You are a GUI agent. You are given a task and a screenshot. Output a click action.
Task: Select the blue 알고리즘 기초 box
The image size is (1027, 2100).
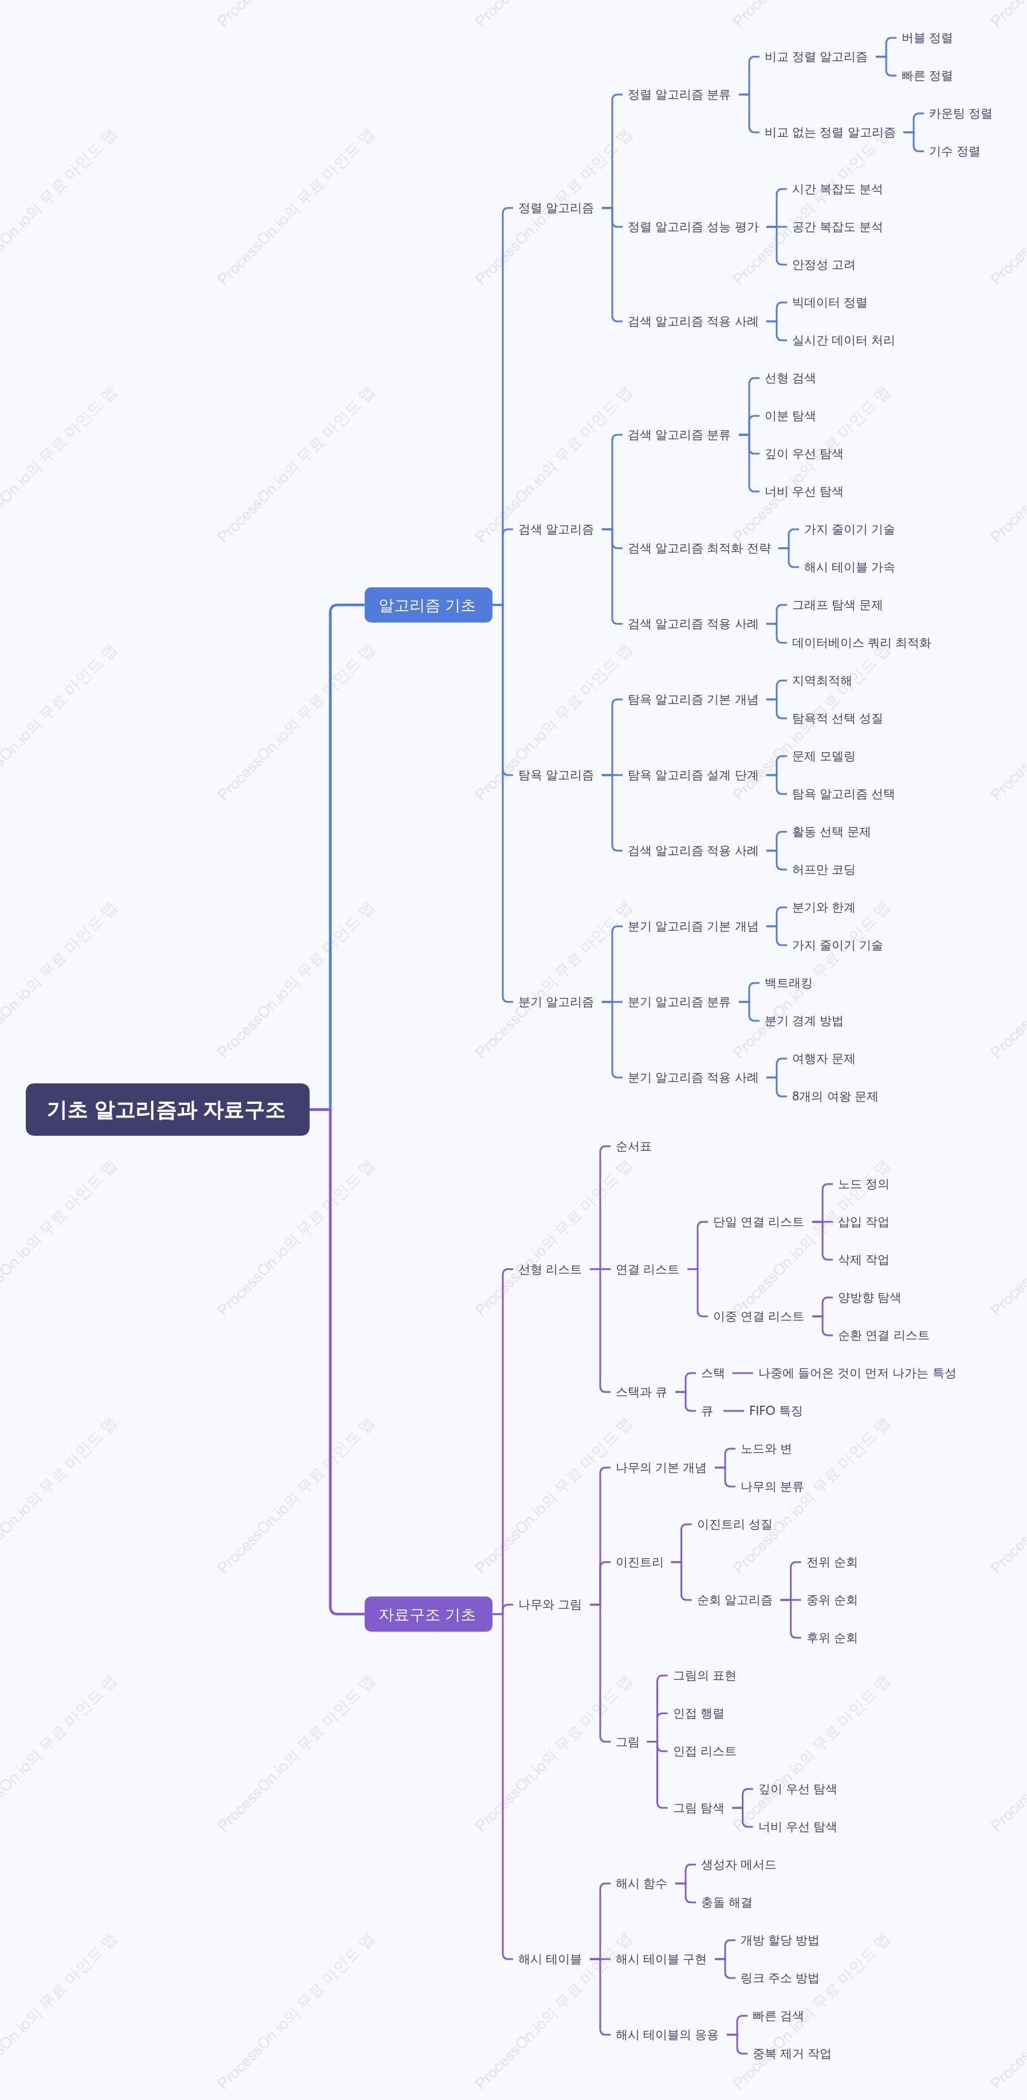428,605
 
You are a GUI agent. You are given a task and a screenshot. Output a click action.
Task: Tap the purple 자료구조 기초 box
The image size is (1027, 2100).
428,1614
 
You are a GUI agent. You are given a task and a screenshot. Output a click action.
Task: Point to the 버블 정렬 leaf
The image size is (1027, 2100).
927,38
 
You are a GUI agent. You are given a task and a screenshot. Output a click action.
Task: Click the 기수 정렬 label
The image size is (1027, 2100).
954,152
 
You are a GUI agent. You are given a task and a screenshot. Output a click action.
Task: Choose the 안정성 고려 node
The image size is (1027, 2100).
823,265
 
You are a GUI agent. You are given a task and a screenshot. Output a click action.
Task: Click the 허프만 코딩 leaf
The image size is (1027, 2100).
823,870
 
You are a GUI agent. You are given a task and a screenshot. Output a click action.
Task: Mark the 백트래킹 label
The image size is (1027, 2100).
788,983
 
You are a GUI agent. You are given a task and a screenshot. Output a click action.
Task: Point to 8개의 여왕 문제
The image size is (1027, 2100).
835,1096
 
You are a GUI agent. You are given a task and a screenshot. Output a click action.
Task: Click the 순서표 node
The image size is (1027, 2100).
633,1146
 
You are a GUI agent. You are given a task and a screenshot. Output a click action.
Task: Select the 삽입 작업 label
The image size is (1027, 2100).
863,1222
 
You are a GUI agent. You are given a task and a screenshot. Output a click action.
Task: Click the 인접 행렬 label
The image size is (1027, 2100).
699,1713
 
